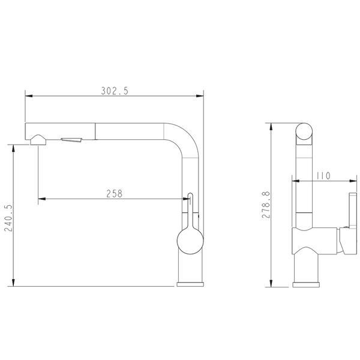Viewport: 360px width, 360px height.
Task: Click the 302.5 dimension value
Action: pos(115,91)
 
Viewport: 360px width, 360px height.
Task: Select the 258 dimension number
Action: pos(115,194)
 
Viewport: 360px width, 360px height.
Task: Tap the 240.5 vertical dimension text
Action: pos(8,218)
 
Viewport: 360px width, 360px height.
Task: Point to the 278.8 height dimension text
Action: pos(266,205)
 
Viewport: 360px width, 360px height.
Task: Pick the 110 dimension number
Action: pos(323,176)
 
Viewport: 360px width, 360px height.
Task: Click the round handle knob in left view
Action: pos(190,241)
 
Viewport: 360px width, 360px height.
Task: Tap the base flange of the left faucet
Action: pos(190,284)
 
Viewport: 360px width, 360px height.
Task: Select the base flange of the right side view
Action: pos(306,284)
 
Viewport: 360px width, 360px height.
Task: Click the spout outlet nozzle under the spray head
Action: pos(38,140)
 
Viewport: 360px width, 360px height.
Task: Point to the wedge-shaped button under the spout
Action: pos(71,140)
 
